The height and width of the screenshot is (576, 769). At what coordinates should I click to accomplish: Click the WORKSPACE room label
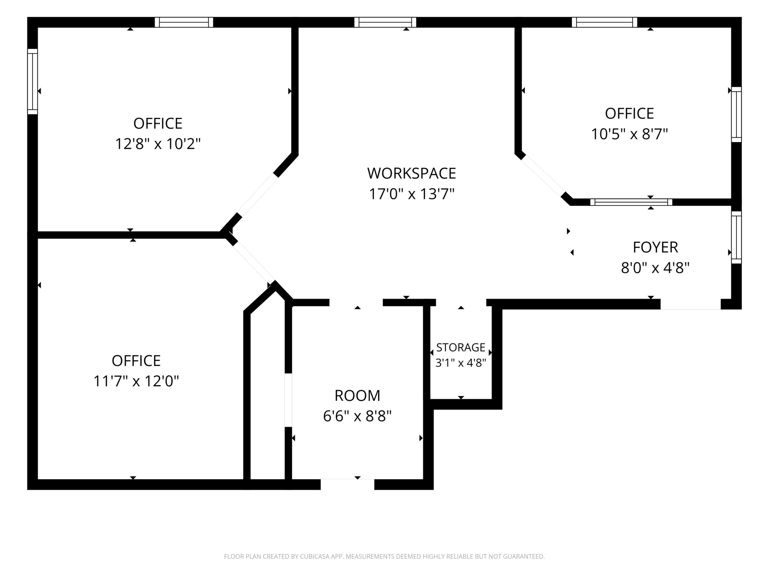coord(411,173)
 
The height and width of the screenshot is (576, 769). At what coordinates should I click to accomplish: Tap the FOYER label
coord(655,247)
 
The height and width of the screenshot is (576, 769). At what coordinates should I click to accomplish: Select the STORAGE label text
coord(461,348)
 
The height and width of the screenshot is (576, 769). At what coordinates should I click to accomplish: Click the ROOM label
coord(357,396)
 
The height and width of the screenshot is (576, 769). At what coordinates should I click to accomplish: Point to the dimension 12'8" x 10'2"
coord(158,144)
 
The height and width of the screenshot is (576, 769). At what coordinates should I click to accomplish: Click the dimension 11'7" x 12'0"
coord(136,381)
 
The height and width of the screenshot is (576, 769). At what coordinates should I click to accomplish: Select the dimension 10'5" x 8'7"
coord(629,134)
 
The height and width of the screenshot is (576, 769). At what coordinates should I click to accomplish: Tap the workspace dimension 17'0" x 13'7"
coord(411,194)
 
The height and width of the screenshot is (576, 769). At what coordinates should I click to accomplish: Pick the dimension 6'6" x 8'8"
coord(357,416)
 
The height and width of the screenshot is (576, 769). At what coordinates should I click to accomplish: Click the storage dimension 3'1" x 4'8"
coord(461,363)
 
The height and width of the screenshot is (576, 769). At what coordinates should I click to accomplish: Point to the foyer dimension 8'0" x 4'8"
coord(655,268)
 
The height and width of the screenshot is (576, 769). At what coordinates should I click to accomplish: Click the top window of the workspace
coord(385,22)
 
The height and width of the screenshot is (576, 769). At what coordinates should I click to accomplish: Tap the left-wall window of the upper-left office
coord(33,81)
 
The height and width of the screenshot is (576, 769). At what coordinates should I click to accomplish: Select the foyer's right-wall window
coord(736,237)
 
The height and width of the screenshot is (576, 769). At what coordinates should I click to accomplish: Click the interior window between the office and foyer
coord(631,202)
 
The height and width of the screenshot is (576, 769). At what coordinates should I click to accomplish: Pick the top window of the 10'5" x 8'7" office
coord(604,22)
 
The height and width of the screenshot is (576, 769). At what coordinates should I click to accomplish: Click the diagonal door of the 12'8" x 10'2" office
coord(257,195)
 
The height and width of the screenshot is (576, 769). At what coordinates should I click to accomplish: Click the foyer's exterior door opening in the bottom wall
coord(691,305)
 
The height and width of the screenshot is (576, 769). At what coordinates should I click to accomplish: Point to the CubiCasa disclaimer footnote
coord(384,556)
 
